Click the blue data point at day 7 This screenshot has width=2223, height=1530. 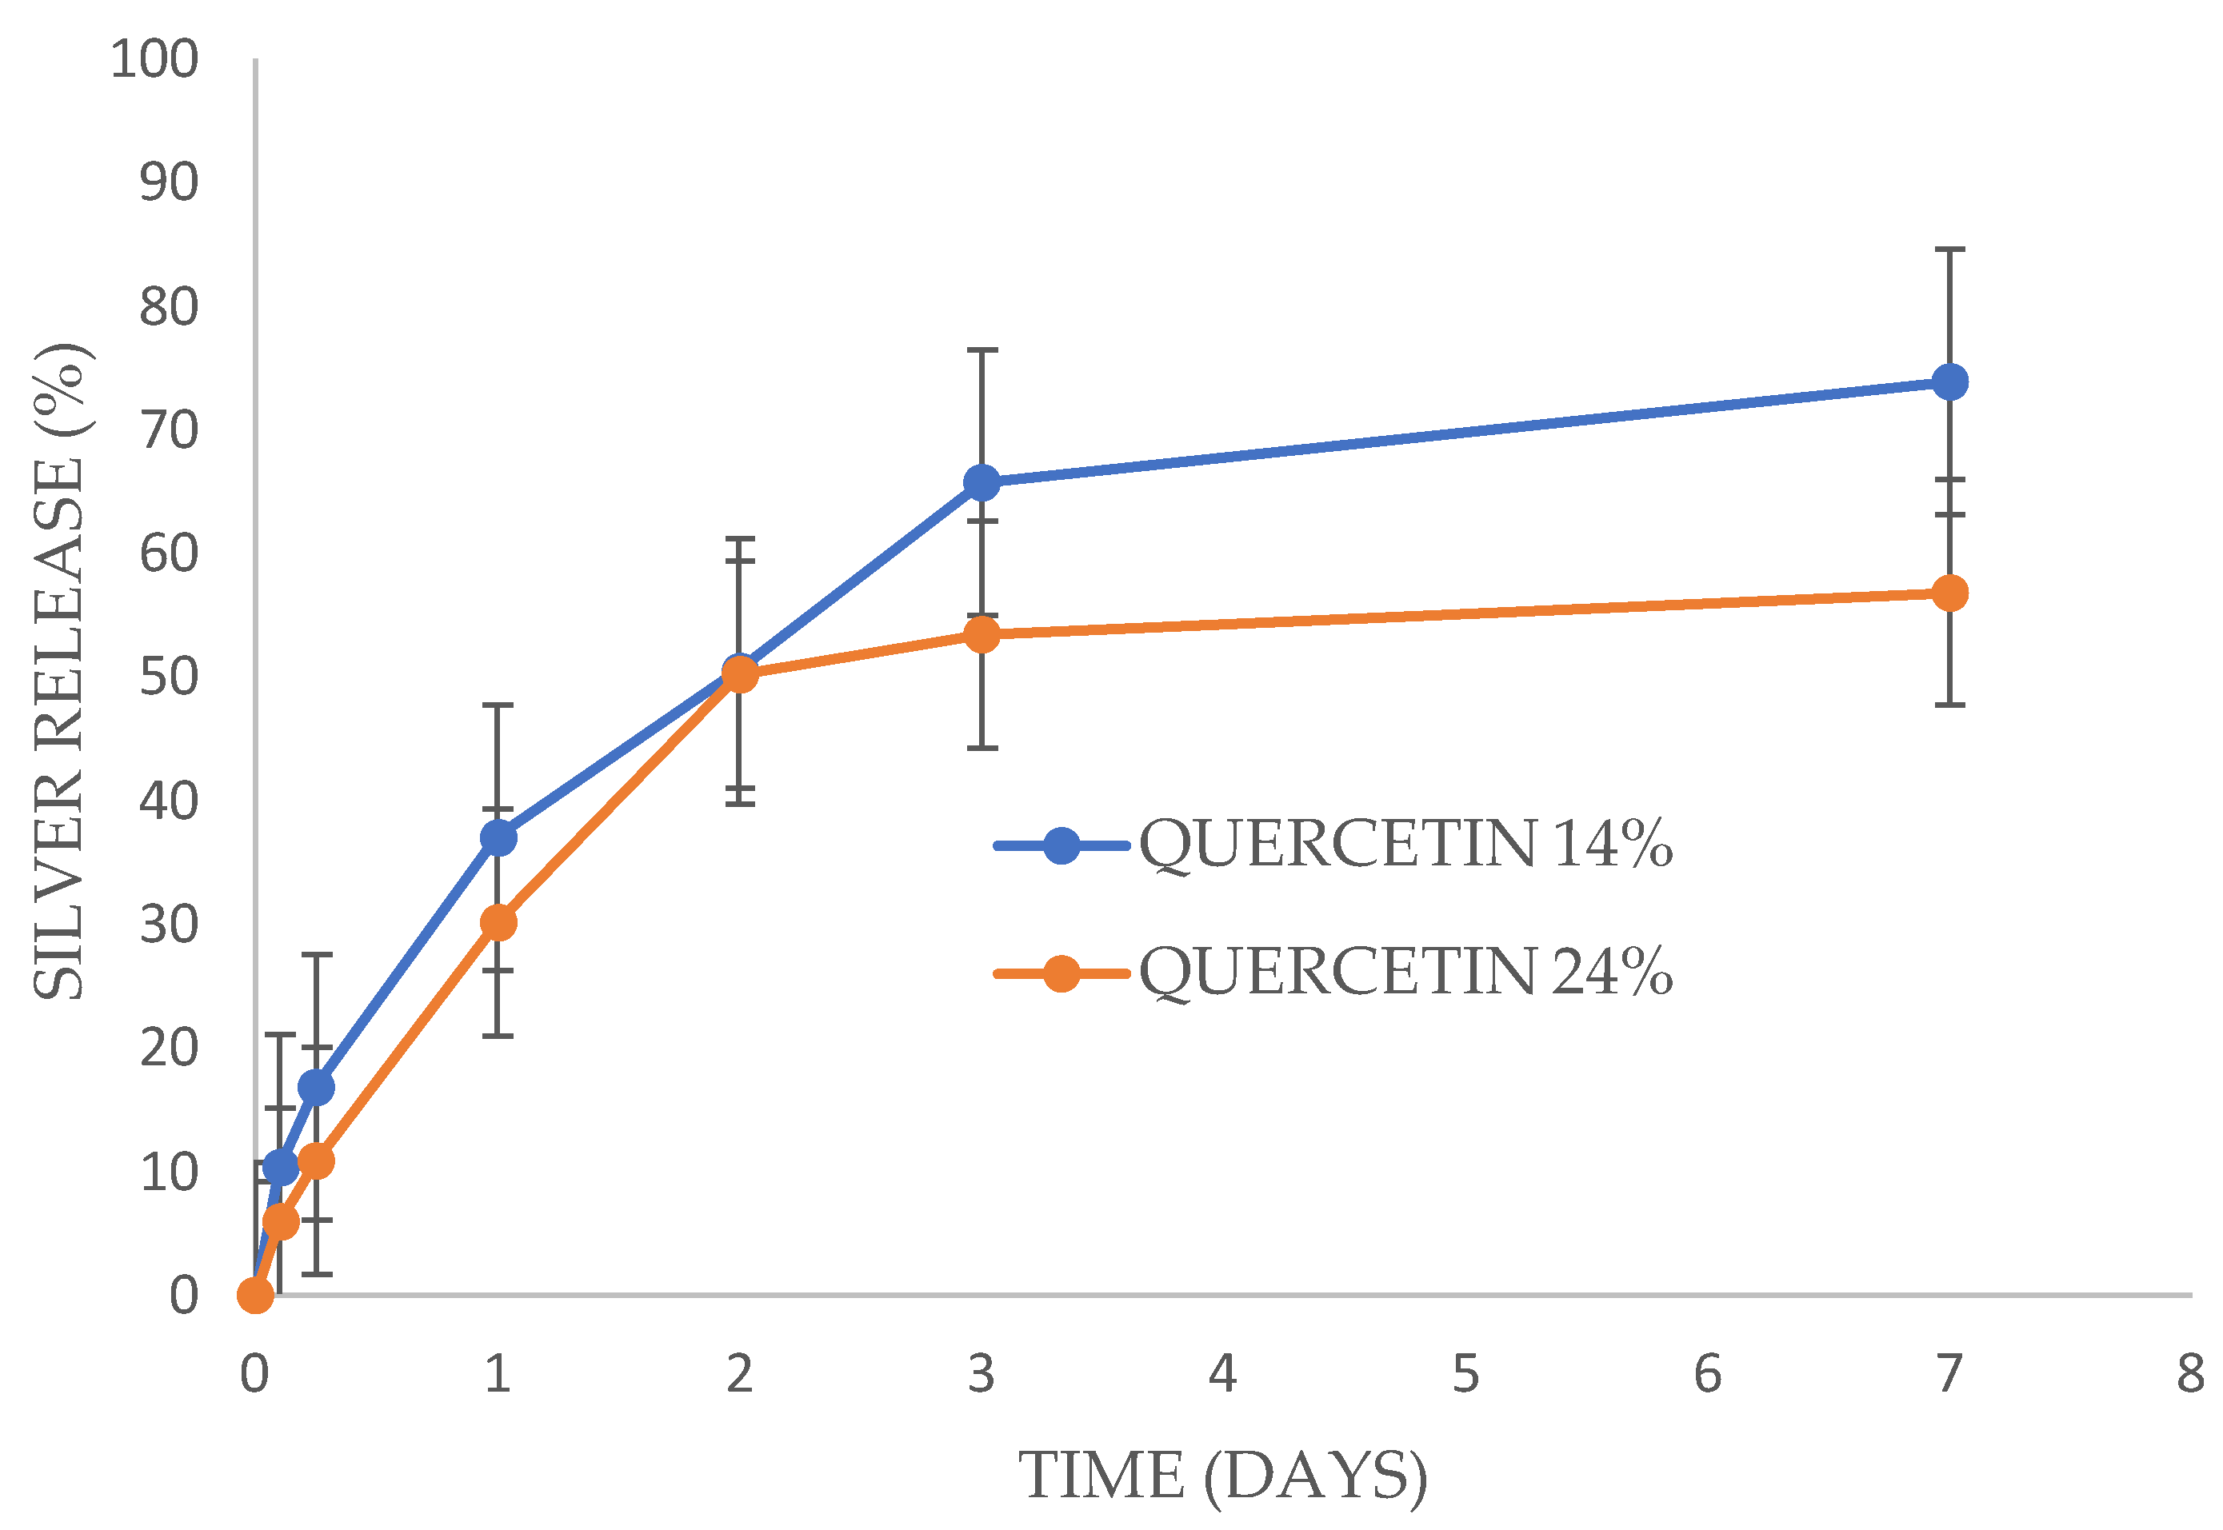tap(1949, 382)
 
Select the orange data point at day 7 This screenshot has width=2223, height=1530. tap(1949, 593)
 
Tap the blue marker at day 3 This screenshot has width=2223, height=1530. tap(982, 482)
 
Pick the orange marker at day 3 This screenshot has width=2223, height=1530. tap(982, 633)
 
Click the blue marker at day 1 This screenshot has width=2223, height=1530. tap(498, 838)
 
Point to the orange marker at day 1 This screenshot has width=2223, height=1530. tap(498, 923)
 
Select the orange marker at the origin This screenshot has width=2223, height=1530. tap(255, 1295)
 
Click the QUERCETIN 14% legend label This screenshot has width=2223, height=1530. tap(1405, 845)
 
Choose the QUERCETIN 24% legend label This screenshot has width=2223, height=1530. tap(1405, 972)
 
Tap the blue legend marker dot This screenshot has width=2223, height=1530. tap(1062, 845)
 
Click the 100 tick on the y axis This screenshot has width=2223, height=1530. tap(154, 59)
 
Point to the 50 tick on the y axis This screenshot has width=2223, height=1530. tap(169, 677)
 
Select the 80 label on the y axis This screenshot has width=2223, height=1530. tap(169, 307)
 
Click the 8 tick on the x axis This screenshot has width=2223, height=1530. tap(2190, 1374)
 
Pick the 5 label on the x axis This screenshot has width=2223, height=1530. tap(1465, 1374)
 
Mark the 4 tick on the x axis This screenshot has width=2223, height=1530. tap(1223, 1374)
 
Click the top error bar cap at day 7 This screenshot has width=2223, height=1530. tap(1949, 250)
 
